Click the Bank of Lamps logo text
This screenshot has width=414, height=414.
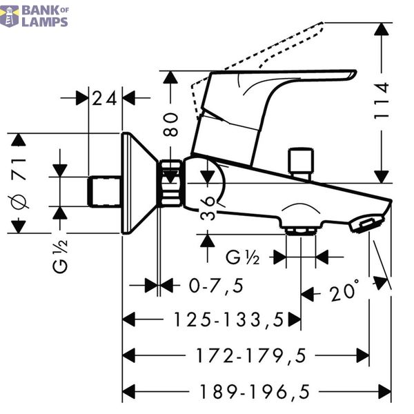tap(45, 17)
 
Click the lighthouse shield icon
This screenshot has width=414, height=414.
tap(10, 17)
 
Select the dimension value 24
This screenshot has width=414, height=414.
tap(104, 98)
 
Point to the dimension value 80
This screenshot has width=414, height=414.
tap(170, 124)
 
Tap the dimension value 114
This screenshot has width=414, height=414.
tap(382, 101)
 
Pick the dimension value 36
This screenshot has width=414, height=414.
tap(208, 208)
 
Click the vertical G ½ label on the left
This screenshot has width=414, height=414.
tap(60, 257)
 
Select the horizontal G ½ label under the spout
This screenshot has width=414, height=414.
tap(243, 257)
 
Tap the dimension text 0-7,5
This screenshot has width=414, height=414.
tap(216, 286)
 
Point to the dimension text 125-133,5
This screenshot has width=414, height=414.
tap(228, 319)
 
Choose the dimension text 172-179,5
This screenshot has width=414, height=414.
tap(251, 355)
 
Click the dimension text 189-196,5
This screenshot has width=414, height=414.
tap(255, 391)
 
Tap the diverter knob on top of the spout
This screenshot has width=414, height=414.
tap(301, 164)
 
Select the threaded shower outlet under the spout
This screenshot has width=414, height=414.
tap(301, 230)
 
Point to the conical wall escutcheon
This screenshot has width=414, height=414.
tap(139, 184)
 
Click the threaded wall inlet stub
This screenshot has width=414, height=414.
tap(105, 192)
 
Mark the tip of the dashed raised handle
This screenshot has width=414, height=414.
tap(322, 23)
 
